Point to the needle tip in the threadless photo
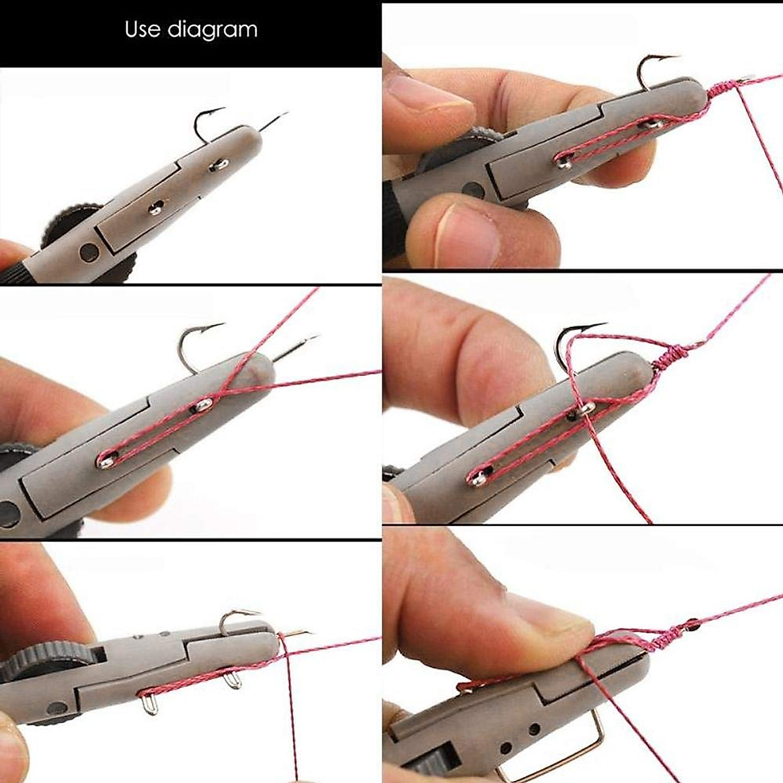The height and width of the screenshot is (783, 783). pos(284,115)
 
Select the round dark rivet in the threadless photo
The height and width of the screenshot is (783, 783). pos(89,251)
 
